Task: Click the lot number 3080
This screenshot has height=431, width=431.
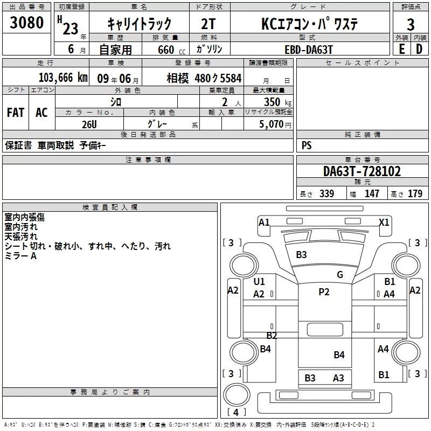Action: coord(27,23)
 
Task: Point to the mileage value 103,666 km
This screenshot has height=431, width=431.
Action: coord(63,77)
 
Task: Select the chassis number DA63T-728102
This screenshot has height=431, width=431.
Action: coord(362,171)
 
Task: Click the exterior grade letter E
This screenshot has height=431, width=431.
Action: coord(401,49)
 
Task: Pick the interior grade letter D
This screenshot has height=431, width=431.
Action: coord(419,49)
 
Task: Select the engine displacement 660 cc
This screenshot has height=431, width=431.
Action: coord(166,50)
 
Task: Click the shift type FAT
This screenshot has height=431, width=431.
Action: coord(16,112)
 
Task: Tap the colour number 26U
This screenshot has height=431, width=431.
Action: coord(89,124)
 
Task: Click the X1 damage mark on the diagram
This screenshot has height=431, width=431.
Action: coord(384,222)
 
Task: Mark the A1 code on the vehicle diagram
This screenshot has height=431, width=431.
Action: coord(264,222)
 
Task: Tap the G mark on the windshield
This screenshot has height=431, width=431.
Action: coord(340,275)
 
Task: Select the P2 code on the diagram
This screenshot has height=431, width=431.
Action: coord(324,292)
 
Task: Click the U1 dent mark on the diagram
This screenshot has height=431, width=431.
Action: coord(259,282)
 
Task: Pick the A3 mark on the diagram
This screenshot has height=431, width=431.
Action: coord(338,378)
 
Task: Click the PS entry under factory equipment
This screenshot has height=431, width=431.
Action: coord(307,145)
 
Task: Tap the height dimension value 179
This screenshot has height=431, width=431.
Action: coord(415,193)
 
